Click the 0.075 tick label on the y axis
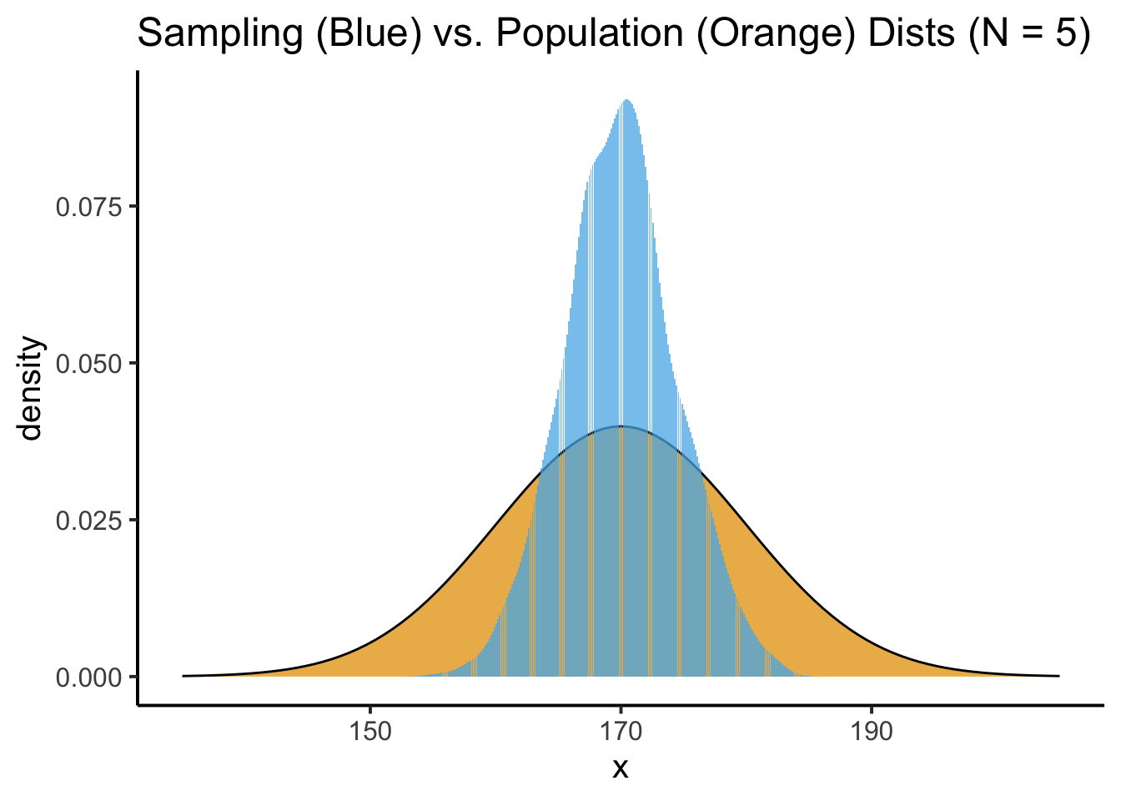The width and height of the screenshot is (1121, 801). [88, 207]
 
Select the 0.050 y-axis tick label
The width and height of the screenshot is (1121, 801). [88, 364]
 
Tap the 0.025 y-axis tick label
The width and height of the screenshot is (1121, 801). [88, 521]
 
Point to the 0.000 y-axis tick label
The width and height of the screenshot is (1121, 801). [88, 678]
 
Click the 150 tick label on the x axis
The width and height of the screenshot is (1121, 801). [369, 733]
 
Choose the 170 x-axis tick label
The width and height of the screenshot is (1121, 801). [621, 733]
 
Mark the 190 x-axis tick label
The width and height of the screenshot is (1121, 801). [872, 733]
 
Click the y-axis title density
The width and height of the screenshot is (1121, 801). [32, 388]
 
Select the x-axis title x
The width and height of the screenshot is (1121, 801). [621, 768]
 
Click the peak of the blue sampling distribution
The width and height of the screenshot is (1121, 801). [626, 101]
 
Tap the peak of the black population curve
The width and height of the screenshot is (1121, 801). [621, 426]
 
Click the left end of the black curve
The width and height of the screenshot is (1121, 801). [183, 676]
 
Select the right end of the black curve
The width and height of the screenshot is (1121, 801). [1058, 676]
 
